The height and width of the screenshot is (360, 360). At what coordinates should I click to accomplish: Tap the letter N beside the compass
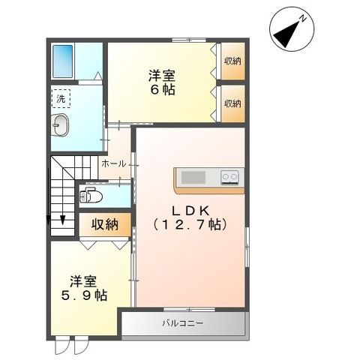pyautogui.click(x=301, y=16)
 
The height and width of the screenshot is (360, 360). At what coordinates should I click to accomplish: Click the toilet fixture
pyautogui.click(x=91, y=196)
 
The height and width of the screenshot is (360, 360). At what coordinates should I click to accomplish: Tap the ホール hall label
pyautogui.click(x=112, y=163)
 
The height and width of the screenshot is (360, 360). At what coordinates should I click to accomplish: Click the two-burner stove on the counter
pyautogui.click(x=229, y=178)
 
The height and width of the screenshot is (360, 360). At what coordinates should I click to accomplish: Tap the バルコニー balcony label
pyautogui.click(x=182, y=324)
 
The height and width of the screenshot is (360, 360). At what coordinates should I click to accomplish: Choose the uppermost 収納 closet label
pyautogui.click(x=232, y=61)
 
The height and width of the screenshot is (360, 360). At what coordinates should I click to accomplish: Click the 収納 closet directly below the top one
pyautogui.click(x=232, y=103)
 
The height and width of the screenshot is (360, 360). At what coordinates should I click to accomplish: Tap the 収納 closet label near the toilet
pyautogui.click(x=106, y=223)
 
